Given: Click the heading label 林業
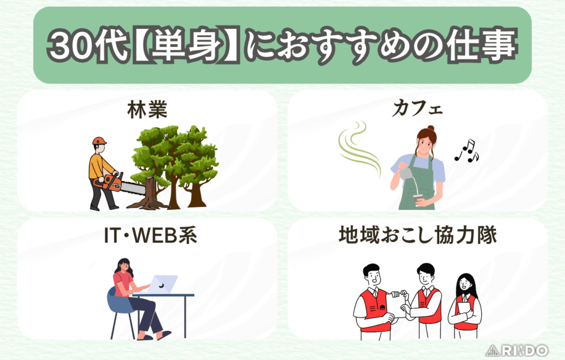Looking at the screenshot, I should (x=147, y=110).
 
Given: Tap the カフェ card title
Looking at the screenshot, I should (x=417, y=110).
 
